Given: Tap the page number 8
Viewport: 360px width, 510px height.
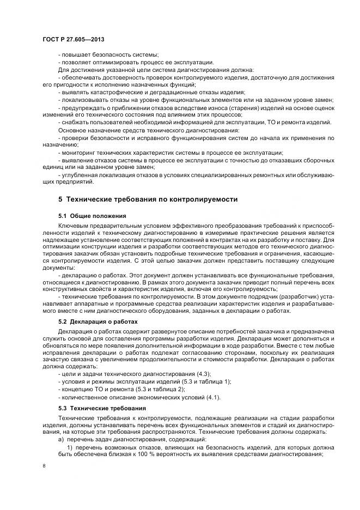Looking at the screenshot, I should click(44, 466).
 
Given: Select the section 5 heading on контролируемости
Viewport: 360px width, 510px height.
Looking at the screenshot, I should click(148, 199).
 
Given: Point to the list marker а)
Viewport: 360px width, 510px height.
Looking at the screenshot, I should click(61, 439).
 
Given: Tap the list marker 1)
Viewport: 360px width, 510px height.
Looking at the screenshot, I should click(70, 447).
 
